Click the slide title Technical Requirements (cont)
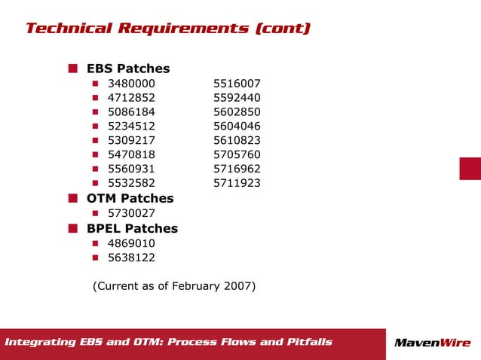point(167,29)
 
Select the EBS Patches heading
point(128,69)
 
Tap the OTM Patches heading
point(130,198)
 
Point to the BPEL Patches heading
point(132,228)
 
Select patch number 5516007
point(237,84)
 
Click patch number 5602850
point(237,112)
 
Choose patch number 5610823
point(237,141)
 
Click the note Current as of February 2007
point(174,286)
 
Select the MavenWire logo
point(432,343)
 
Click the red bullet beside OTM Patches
point(73,198)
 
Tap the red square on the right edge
point(470,169)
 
